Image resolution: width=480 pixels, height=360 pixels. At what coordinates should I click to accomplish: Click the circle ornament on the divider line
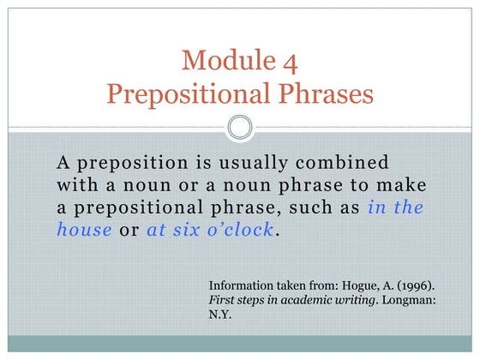[x=240, y=129]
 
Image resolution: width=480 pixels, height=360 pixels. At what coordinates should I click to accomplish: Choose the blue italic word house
[x=84, y=230]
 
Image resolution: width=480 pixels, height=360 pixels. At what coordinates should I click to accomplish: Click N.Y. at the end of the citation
[x=221, y=315]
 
